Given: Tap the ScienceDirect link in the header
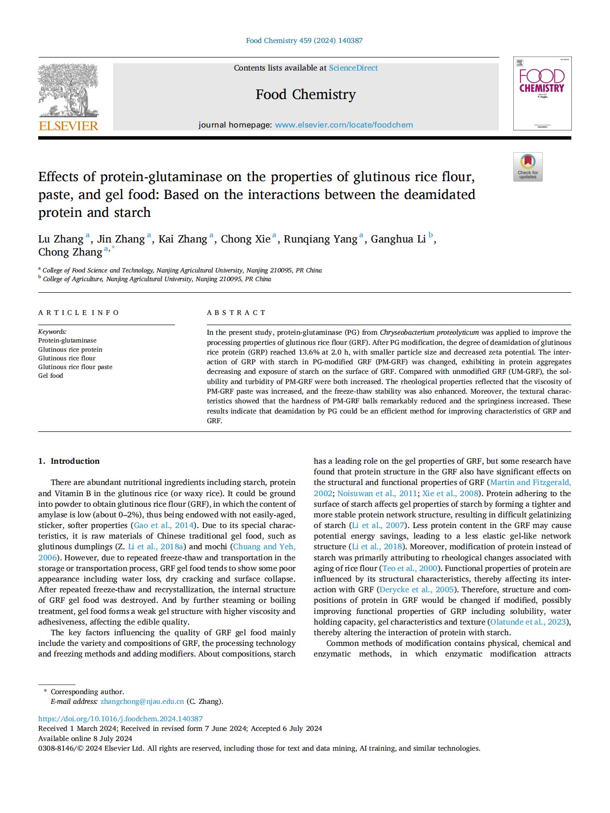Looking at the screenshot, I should tap(353, 68).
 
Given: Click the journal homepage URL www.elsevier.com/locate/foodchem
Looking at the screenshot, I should tap(344, 125).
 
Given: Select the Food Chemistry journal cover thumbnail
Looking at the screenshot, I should tap(542, 93).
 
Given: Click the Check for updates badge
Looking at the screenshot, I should tap(528, 167).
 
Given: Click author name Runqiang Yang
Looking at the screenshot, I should tap(320, 239).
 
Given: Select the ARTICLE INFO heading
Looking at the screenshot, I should tap(78, 313).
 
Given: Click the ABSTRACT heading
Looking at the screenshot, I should tap(236, 313).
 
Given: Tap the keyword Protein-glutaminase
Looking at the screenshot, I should tap(67, 341).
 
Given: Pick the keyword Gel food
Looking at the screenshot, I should tap(51, 376).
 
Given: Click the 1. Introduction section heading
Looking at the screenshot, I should tap(69, 461).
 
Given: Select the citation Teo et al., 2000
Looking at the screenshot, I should tap(410, 569).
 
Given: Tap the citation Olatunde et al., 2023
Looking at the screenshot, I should tap(528, 622).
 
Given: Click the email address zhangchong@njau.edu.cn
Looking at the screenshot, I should tap(142, 701).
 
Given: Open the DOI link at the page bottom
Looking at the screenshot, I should tap(120, 719).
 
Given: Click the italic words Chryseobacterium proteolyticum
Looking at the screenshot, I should tap(429, 332).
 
